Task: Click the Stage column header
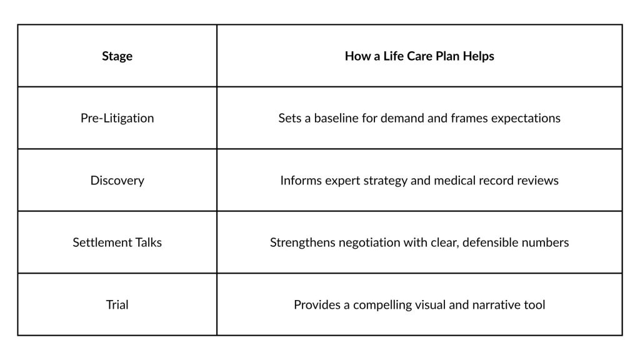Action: pos(117,56)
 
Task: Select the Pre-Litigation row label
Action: pos(117,118)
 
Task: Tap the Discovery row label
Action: pos(117,181)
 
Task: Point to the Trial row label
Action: pos(117,304)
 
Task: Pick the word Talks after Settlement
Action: pos(144,242)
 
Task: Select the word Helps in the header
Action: pos(478,56)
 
